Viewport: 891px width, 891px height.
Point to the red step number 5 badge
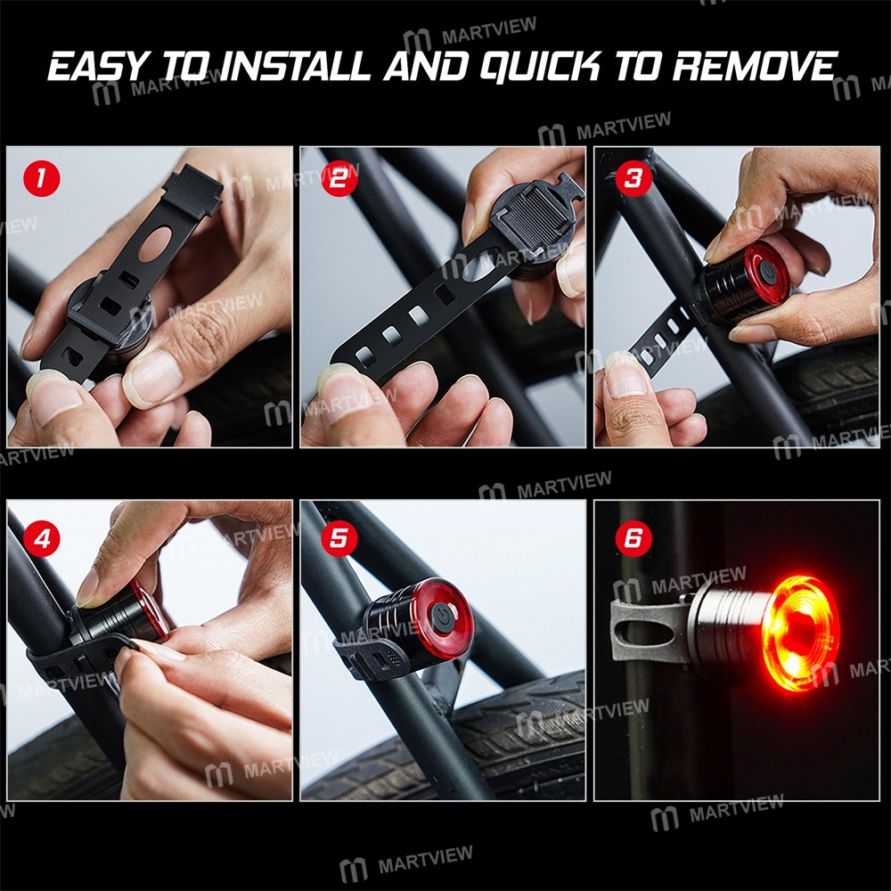(x=339, y=540)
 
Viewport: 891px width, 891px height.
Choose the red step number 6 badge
(x=633, y=540)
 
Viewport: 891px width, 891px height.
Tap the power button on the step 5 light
(x=443, y=614)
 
